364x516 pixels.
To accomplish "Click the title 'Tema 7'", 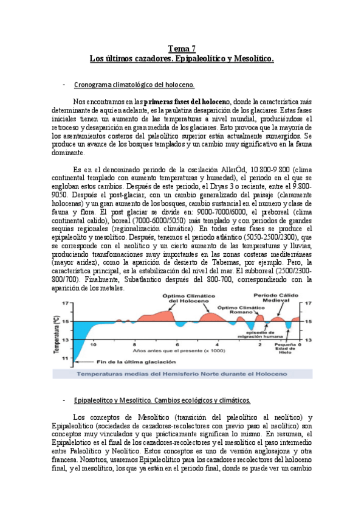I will click(x=182, y=48).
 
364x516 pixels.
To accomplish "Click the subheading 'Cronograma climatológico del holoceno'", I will click(x=133, y=84).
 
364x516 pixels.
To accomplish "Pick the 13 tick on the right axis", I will click(x=309, y=340).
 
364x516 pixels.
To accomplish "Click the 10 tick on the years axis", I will click(x=93, y=344).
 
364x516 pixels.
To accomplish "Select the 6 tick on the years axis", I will click(x=177, y=344).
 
